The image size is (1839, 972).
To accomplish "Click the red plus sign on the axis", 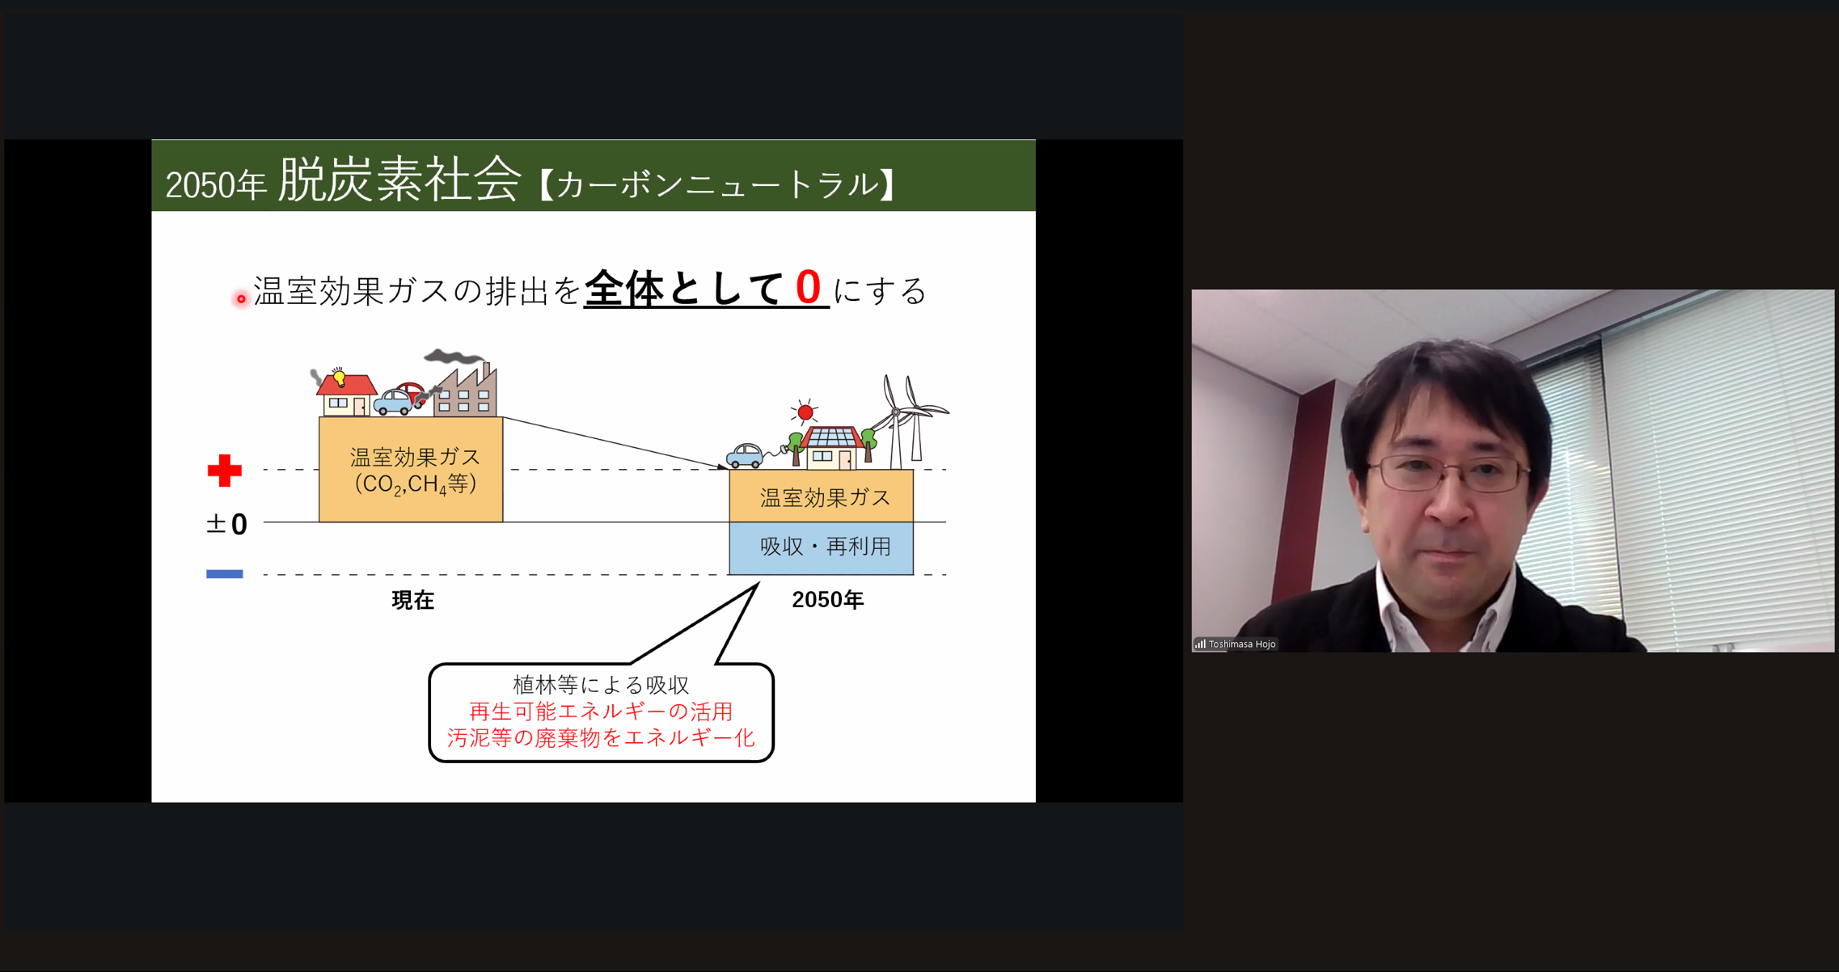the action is [225, 471].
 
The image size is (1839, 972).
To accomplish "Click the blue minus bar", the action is [225, 574].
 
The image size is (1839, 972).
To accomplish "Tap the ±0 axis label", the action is [227, 524].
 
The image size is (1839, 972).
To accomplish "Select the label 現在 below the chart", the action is [413, 600].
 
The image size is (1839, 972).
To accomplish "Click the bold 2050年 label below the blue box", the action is [828, 599].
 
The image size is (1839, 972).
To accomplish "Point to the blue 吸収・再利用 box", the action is [821, 548].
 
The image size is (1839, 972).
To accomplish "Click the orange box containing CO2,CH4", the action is [411, 470].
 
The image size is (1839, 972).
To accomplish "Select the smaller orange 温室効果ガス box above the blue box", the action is [821, 496].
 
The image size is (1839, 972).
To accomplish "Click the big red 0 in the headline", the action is [808, 287].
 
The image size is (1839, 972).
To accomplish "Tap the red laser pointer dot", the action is [241, 299].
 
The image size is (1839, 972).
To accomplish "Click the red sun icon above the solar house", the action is [805, 412].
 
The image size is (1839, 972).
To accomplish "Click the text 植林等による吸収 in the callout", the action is [601, 685].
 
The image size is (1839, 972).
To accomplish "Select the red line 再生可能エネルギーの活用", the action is [601, 711].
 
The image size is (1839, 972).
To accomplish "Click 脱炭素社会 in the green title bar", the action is [399, 180].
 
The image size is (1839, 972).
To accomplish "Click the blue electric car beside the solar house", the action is [745, 455].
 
